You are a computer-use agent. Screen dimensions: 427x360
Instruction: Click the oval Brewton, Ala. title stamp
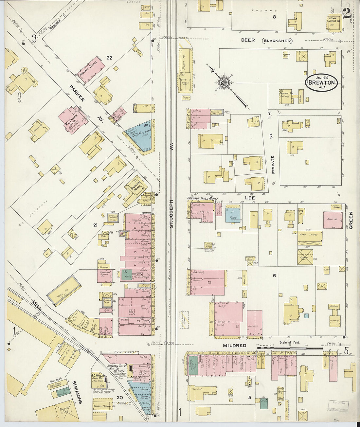pyautogui.click(x=321, y=82)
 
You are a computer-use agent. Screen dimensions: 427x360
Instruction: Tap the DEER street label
pyautogui.click(x=248, y=40)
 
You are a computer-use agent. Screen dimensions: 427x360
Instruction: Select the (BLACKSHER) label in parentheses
pyautogui.click(x=277, y=41)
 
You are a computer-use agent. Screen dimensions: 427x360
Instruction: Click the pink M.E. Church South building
pyautogui.click(x=72, y=121)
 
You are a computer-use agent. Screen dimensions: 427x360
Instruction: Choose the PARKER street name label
pyautogui.click(x=77, y=94)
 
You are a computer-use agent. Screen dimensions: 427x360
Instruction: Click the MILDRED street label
pyautogui.click(x=234, y=346)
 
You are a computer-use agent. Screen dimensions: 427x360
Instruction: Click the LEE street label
pyautogui.click(x=250, y=198)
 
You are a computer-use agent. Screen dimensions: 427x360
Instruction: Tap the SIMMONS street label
pyautogui.click(x=80, y=392)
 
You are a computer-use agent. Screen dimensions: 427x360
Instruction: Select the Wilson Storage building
pyautogui.click(x=310, y=238)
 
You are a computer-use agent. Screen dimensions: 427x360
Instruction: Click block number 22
pyautogui.click(x=109, y=58)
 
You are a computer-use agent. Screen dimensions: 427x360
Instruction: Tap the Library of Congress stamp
pyautogui.click(x=338, y=406)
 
